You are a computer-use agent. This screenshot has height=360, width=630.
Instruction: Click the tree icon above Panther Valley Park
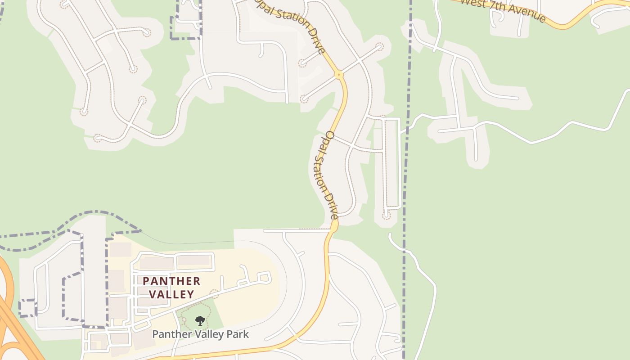[200, 320]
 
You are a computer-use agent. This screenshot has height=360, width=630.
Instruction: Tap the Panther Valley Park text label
[200, 334]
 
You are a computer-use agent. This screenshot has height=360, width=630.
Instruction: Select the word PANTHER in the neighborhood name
[171, 281]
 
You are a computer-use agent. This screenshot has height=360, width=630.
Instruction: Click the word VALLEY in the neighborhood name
[171, 294]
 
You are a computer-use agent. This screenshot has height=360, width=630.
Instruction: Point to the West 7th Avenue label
[503, 10]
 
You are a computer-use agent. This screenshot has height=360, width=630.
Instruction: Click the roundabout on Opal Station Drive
[339, 74]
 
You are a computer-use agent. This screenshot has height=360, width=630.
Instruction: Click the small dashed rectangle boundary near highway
[27, 308]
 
